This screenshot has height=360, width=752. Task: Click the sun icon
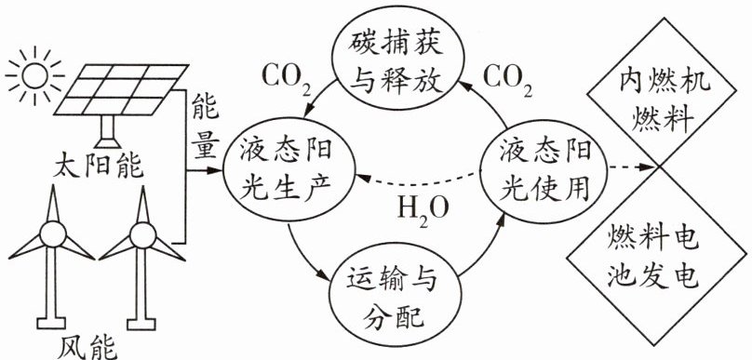click(x=35, y=75)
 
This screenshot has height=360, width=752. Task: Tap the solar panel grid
click(x=121, y=89)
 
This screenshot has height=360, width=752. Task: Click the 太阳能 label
click(x=98, y=166)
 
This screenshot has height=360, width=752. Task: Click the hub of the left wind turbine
click(x=53, y=233)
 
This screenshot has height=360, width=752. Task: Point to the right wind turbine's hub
click(x=142, y=235)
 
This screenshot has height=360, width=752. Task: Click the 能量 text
click(x=206, y=127)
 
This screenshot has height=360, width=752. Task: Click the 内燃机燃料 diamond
click(x=664, y=92)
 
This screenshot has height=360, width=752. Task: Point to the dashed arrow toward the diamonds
click(x=632, y=167)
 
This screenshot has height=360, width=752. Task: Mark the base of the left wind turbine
click(x=51, y=323)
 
